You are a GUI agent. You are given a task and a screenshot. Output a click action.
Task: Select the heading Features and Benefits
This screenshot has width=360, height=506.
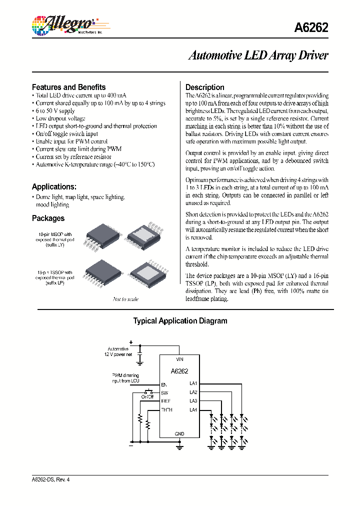[x=68, y=87]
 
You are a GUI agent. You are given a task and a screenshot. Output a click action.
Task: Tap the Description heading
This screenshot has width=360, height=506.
[x=204, y=87]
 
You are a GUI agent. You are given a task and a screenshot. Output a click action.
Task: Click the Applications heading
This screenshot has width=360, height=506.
[x=54, y=186]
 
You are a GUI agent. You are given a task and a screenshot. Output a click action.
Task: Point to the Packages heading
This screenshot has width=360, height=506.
[x=48, y=218]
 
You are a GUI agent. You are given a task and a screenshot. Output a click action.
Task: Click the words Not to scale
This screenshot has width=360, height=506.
[x=125, y=299]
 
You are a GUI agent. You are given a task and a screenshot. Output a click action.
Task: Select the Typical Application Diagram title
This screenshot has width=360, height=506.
[x=180, y=321]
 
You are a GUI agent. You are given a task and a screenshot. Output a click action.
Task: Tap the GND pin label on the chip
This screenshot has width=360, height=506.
[x=179, y=433]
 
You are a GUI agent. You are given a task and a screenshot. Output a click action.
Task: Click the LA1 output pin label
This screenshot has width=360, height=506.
[x=193, y=383]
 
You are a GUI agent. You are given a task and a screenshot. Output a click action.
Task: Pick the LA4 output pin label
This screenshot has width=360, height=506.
[x=193, y=410]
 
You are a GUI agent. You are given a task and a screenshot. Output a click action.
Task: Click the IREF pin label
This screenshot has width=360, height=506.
[x=165, y=401]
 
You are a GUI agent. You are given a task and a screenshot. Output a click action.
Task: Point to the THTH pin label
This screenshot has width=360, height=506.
[x=166, y=410]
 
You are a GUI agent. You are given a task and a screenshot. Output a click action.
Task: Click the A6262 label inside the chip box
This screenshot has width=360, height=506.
[x=179, y=371]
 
